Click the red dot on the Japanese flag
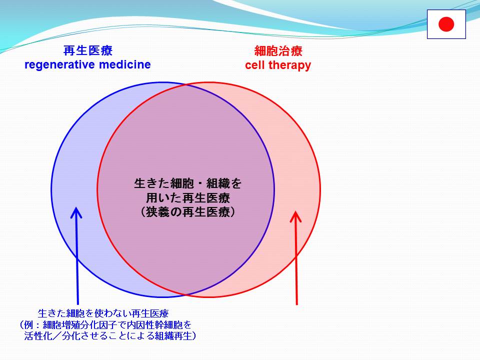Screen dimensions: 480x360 pyautogui.click(x=446, y=24)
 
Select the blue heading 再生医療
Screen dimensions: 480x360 pyautogui.click(x=88, y=50)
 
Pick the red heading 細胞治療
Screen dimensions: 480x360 pyautogui.click(x=278, y=51)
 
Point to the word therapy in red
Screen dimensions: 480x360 pyautogui.click(x=289, y=65)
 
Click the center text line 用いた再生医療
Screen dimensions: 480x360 pyautogui.click(x=188, y=198)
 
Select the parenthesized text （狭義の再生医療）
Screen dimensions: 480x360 pyautogui.click(x=188, y=212)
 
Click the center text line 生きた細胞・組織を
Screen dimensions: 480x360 pyautogui.click(x=188, y=183)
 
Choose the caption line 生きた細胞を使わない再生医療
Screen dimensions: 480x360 pyautogui.click(x=103, y=313)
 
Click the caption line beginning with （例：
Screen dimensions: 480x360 pyautogui.click(x=105, y=325)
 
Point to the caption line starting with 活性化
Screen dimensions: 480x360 pyautogui.click(x=110, y=336)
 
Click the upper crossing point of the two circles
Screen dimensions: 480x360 pyautogui.click(x=186, y=85)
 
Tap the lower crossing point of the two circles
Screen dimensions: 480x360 pyautogui.click(x=186, y=294)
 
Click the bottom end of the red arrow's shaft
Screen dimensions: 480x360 pyautogui.click(x=296, y=304)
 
